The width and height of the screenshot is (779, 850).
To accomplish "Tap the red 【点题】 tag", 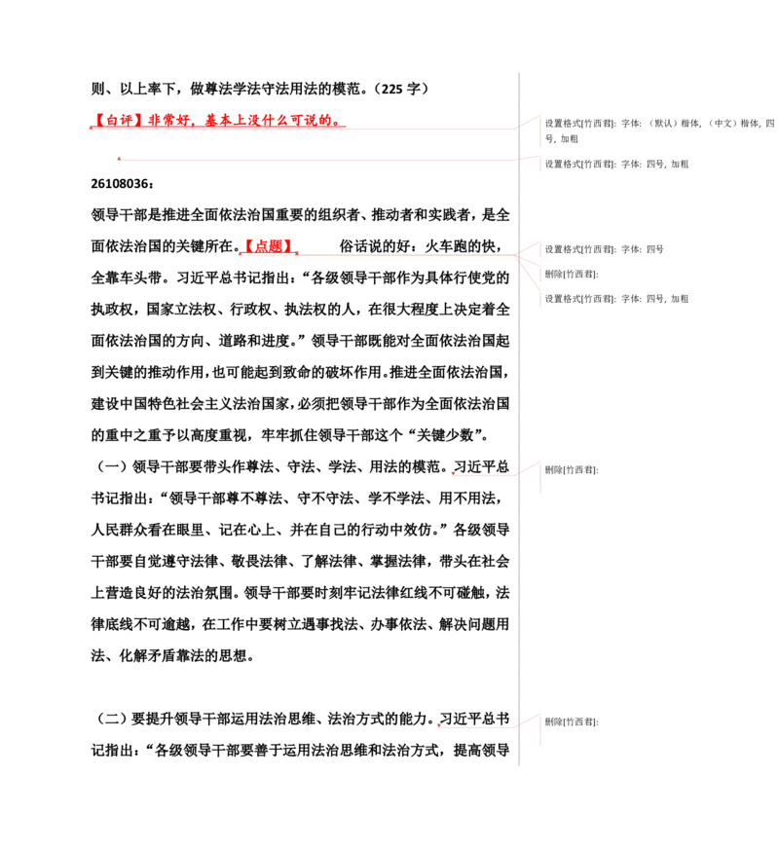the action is pyautogui.click(x=268, y=246).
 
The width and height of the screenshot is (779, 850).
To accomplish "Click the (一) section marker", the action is pyautogui.click(x=112, y=466).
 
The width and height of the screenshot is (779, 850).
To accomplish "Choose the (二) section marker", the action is pyautogui.click(x=112, y=719).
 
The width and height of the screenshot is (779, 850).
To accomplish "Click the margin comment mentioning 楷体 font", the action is pyautogui.click(x=659, y=130).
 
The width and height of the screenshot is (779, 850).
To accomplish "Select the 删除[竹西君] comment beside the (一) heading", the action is pyautogui.click(x=572, y=470).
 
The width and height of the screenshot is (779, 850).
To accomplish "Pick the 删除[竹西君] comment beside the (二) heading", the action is pyautogui.click(x=572, y=722).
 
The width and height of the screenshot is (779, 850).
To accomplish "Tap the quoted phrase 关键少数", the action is pyautogui.click(x=445, y=435).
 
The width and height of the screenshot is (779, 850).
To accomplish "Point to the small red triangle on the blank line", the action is pyautogui.click(x=119, y=159).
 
